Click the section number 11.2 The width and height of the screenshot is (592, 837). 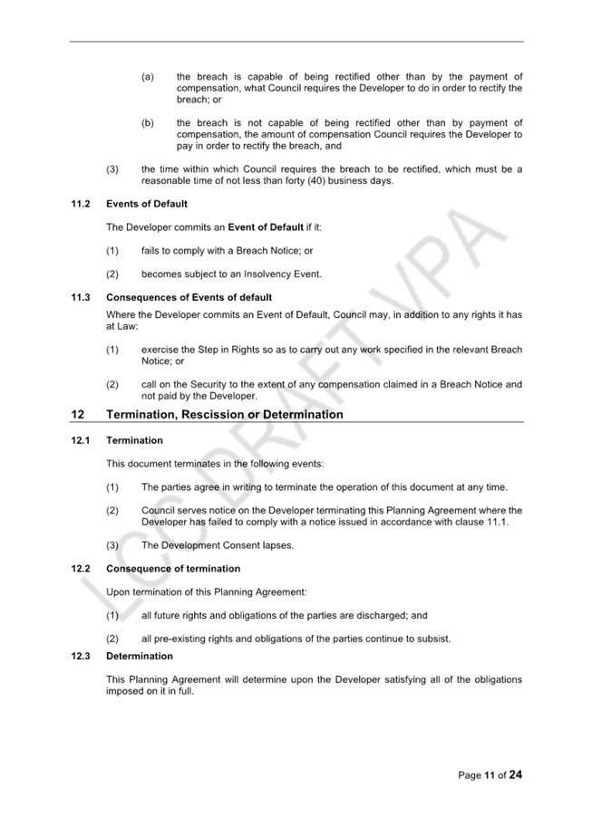[81, 204]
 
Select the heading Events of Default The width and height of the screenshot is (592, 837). [147, 204]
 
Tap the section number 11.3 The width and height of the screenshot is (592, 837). [81, 297]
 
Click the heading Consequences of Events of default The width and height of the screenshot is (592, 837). [189, 297]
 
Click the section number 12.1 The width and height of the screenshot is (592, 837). [81, 440]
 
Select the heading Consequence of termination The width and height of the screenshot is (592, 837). [173, 569]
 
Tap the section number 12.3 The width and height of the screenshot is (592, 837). [81, 656]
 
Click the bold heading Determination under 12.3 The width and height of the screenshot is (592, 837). [140, 656]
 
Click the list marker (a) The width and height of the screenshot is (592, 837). [148, 77]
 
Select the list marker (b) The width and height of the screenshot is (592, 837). [148, 123]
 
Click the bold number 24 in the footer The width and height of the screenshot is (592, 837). [516, 774]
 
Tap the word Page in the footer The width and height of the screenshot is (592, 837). [470, 775]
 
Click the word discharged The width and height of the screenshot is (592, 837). [382, 615]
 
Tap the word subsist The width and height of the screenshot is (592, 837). [435, 639]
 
